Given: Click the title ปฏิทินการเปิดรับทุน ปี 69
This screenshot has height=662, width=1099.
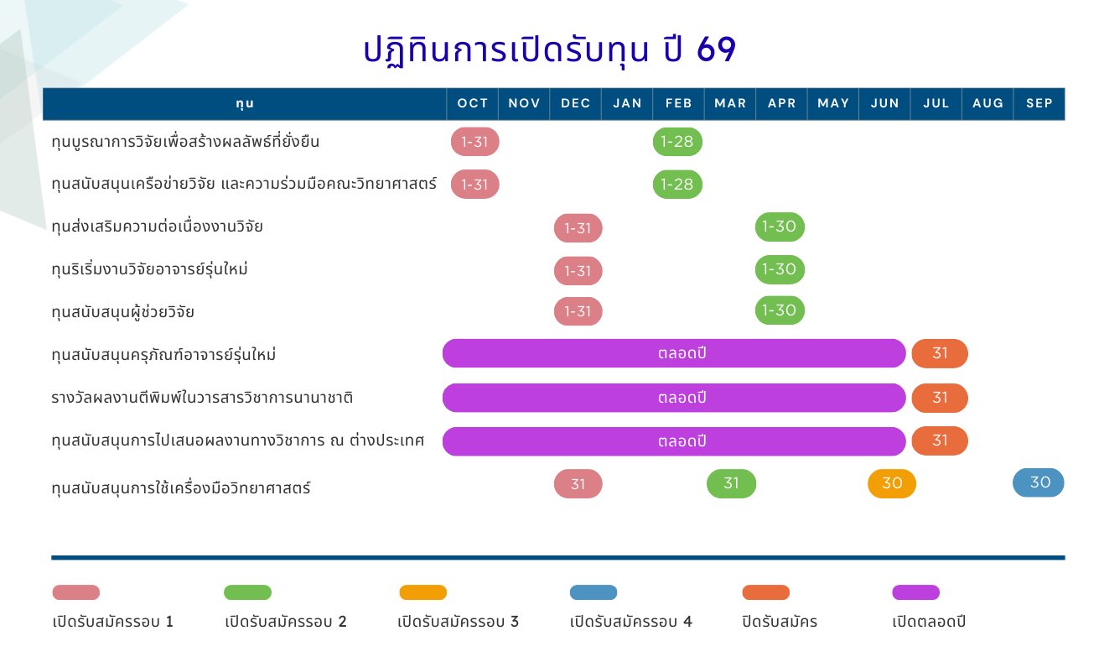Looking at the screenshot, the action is point(550,50).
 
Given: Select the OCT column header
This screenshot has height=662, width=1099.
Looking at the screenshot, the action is point(473,104).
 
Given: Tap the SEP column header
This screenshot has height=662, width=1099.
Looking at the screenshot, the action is point(1039,104).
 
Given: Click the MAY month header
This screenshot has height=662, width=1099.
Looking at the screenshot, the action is point(833,104).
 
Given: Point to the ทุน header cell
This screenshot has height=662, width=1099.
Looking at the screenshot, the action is point(245,104).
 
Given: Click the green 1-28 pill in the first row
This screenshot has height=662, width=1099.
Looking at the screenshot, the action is point(677,142).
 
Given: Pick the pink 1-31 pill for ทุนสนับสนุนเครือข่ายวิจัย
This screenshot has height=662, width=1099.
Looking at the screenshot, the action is point(475,184).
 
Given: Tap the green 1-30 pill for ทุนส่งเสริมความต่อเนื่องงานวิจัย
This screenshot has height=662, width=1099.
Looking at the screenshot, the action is point(780,227).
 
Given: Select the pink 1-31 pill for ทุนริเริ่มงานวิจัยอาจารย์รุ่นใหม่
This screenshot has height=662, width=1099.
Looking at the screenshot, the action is point(578,271).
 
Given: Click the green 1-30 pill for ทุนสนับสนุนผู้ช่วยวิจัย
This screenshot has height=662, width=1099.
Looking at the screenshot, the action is point(780,310).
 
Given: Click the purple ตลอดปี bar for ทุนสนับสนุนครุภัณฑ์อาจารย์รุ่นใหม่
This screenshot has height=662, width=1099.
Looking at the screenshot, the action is point(674,353).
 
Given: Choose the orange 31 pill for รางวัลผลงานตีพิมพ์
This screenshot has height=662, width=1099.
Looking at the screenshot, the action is point(940,398).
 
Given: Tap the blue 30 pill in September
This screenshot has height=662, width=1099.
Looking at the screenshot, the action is point(1038,482).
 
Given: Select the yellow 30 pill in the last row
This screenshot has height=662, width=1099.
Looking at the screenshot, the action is point(891,484).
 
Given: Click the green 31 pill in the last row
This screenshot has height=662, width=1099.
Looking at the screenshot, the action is point(731,484).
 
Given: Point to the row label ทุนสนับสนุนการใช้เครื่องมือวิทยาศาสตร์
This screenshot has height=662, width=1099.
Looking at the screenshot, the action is point(181,487).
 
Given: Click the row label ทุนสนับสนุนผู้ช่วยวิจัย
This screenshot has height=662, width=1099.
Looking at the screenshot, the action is point(122,312).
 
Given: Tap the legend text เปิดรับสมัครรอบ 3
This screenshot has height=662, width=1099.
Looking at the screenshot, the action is point(458,621).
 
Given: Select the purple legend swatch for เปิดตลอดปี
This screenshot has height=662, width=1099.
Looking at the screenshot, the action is point(915,592).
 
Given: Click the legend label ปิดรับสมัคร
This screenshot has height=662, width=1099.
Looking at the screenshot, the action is point(780,621).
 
